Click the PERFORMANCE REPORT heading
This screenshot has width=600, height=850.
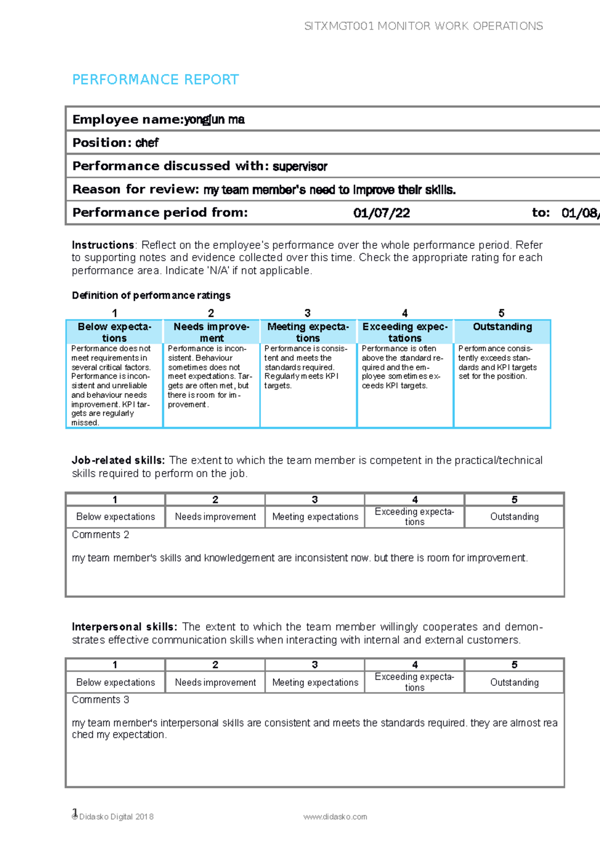(x=155, y=80)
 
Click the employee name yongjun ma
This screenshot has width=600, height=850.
(x=214, y=120)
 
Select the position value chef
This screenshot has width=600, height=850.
(x=147, y=143)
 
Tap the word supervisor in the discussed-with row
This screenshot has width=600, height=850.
(x=300, y=167)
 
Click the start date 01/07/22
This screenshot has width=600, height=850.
(x=381, y=213)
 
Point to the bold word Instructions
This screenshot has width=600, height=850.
(x=102, y=245)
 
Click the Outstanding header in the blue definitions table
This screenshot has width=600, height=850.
(x=502, y=327)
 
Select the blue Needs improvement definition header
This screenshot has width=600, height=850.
(x=211, y=332)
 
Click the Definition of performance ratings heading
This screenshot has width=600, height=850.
(x=151, y=295)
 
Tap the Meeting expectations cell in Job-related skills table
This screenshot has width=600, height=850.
(x=315, y=517)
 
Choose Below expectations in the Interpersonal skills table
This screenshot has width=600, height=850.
(x=115, y=682)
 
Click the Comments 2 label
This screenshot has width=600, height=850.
(x=100, y=535)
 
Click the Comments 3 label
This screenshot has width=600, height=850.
(x=100, y=700)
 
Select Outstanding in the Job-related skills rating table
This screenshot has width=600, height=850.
(x=514, y=517)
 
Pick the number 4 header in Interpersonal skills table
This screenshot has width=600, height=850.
(x=414, y=665)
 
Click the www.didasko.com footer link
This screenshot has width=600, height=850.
(x=335, y=816)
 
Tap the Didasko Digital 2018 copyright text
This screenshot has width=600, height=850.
(x=116, y=816)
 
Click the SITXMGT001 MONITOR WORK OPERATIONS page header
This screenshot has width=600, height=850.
(x=423, y=26)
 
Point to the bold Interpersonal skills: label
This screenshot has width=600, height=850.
(x=124, y=627)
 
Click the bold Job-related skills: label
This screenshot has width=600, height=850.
(x=118, y=461)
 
